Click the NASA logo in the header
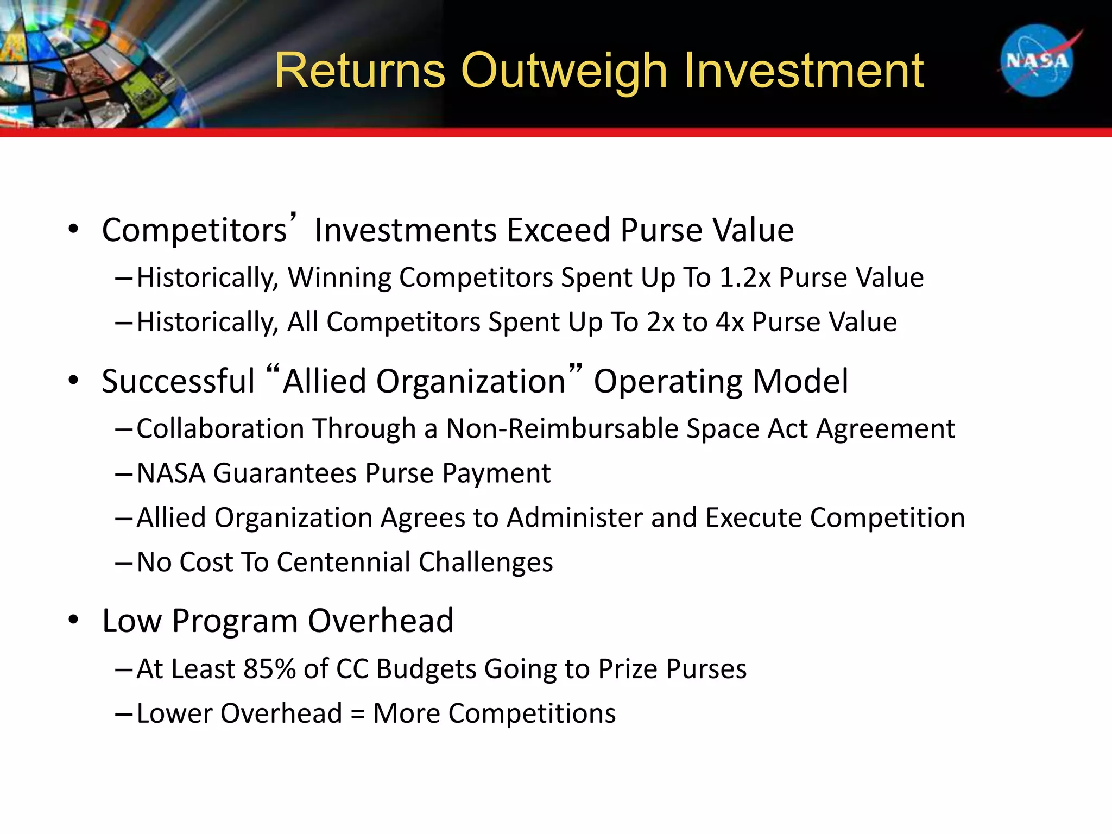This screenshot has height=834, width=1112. click(x=1037, y=61)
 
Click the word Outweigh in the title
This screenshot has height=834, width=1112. click(x=563, y=71)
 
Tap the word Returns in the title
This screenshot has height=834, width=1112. click(x=360, y=71)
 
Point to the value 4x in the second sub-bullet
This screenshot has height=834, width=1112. click(x=729, y=323)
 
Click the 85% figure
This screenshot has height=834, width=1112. click(x=269, y=669)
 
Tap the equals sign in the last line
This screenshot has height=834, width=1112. click(x=357, y=714)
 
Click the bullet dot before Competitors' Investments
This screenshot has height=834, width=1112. click(x=73, y=230)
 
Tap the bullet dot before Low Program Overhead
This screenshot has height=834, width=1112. click(x=73, y=620)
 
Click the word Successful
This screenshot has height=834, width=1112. click(x=178, y=381)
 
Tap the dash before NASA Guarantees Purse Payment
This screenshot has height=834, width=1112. click(x=123, y=474)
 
